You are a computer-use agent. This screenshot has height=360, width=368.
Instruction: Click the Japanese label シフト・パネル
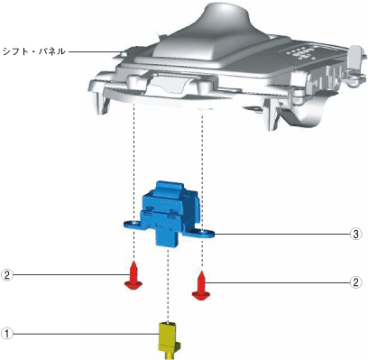tap(33, 51)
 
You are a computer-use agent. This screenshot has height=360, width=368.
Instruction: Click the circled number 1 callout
tap(7, 334)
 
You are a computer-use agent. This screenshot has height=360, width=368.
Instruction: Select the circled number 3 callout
tap(356, 234)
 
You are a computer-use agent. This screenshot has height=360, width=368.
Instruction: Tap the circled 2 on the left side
tap(7, 274)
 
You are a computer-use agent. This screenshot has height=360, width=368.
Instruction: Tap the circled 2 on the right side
tap(356, 282)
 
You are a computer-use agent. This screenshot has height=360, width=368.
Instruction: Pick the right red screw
tap(201, 285)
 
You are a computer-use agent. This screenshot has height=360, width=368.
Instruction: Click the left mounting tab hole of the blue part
tap(133, 223)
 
